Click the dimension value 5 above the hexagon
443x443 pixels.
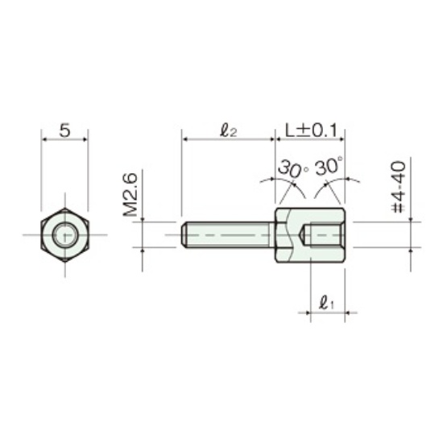[x=64, y=130]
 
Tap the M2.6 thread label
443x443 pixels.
[x=130, y=195]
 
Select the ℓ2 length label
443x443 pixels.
[x=228, y=131]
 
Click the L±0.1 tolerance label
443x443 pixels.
[x=311, y=130]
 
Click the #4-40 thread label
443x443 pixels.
[x=399, y=187]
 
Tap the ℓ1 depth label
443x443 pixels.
[x=326, y=303]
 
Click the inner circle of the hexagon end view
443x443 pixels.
[x=64, y=234]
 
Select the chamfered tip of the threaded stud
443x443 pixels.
[x=184, y=234]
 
